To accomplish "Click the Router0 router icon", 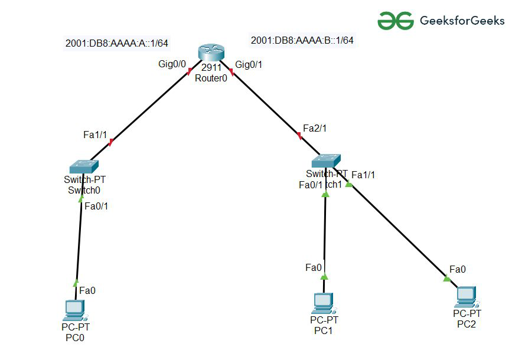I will point(210,53).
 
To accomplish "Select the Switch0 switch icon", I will point(83,166).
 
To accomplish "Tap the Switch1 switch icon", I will point(327,161).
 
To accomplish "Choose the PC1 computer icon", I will point(324,303).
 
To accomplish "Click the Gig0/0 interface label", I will point(172,65).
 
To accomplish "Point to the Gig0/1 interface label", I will point(249,65).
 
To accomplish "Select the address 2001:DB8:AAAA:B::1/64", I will point(302,40).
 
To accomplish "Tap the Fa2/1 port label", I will point(315,128).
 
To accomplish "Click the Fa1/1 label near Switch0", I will point(95,135).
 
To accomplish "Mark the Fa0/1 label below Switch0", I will point(97,206).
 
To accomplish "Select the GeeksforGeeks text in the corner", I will point(462,21).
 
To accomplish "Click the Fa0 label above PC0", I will point(87,290).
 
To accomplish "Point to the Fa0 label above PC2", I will point(458,269).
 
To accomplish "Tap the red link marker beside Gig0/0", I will point(189,71).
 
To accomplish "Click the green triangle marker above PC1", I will point(324,276).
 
